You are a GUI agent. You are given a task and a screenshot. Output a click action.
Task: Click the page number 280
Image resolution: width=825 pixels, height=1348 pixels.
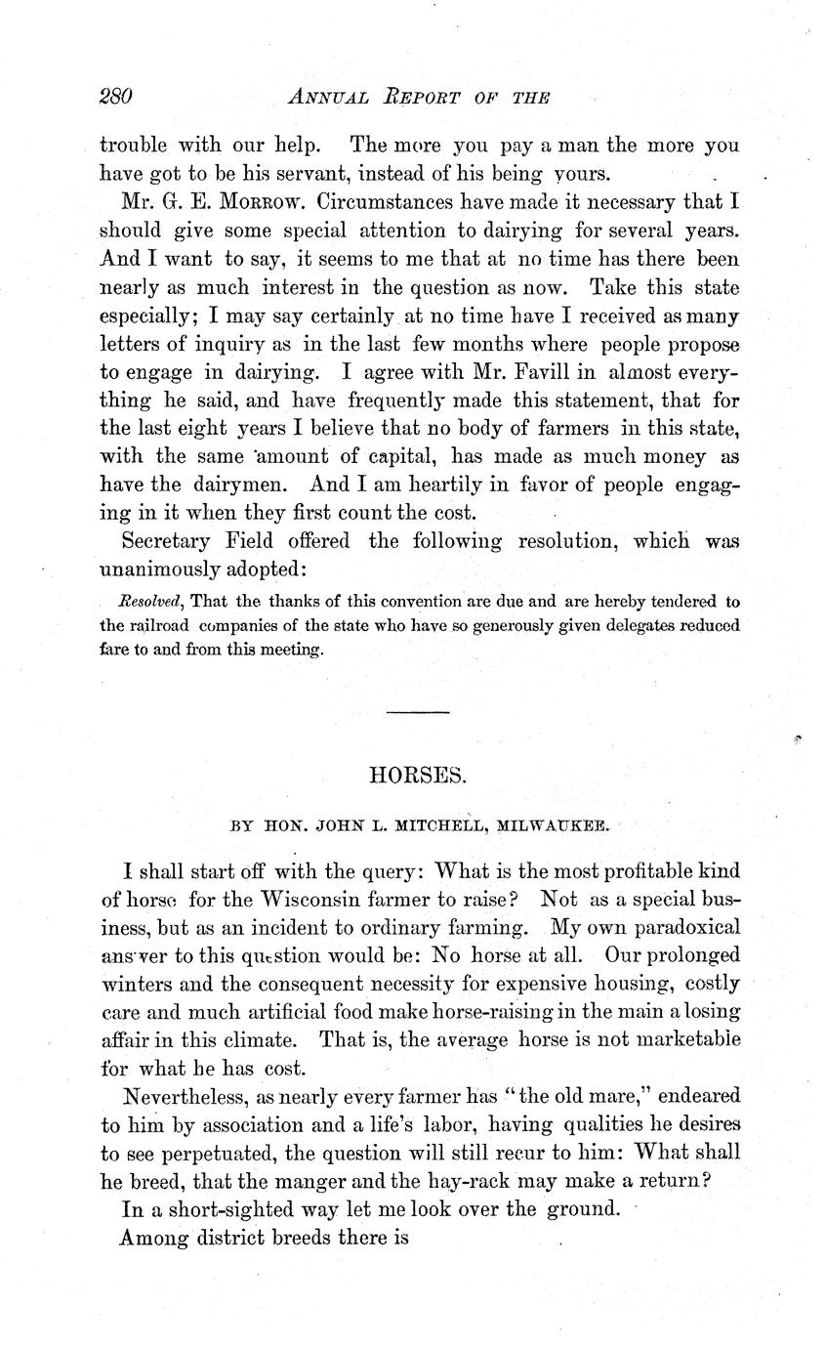pos(115,97)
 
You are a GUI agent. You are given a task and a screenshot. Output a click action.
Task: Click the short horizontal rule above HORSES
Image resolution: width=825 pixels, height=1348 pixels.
pos(418,713)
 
